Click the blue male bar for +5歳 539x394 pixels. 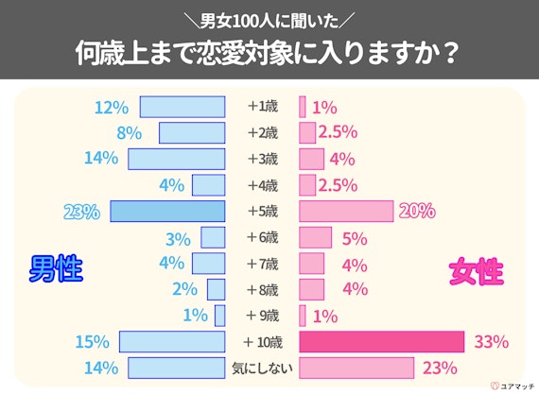tap(167, 211)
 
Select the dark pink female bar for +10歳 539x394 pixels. tap(381, 341)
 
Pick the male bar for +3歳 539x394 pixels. tap(177, 159)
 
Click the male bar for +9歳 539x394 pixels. tap(220, 315)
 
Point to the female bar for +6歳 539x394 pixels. tap(315, 237)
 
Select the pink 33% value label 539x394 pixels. tap(491, 341)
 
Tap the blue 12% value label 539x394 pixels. tap(111, 107)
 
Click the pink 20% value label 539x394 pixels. tap(417, 211)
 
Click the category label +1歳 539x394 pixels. tap(262, 107)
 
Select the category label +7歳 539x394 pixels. tap(262, 263)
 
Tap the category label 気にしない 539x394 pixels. tap(262, 367)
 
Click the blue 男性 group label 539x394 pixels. tap(55, 272)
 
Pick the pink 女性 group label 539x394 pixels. tap(475, 272)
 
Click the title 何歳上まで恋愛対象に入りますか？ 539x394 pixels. tap(269, 53)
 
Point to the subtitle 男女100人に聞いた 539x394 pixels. tap(269, 20)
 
